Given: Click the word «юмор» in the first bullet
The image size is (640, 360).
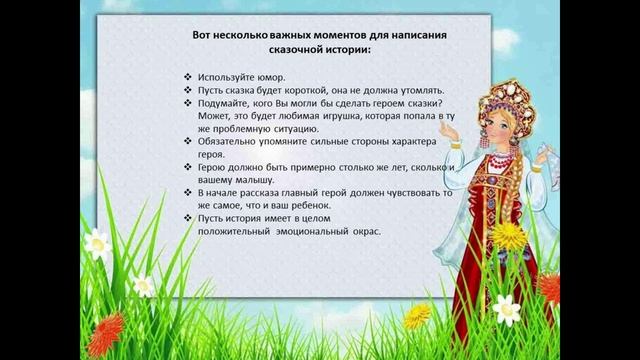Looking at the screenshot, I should pos(270,77).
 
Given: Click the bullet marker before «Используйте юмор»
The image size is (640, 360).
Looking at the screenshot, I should pos(190,77).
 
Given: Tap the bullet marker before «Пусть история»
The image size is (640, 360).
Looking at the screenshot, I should pos(190,218).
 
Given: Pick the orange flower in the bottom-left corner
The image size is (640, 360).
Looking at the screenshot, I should pos(104,329).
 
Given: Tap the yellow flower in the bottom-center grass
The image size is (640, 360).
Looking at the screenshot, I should pos(414,318).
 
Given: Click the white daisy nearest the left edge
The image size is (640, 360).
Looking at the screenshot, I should pos(97,244).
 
